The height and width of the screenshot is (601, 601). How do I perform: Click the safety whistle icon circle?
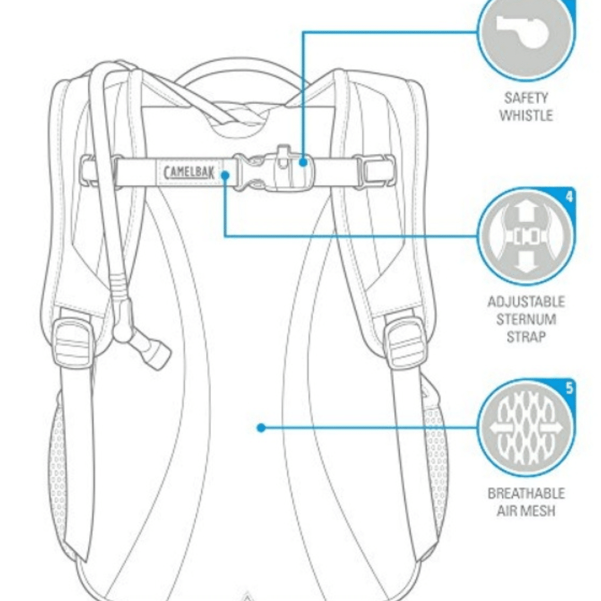[526, 32]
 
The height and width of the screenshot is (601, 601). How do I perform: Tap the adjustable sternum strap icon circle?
[526, 236]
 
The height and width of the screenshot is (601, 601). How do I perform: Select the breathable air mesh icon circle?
[526, 428]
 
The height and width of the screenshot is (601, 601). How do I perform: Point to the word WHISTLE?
[526, 115]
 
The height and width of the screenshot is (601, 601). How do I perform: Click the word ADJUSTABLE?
[526, 302]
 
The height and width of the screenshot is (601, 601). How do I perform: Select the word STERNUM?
[526, 320]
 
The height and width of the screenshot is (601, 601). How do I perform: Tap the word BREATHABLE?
[526, 493]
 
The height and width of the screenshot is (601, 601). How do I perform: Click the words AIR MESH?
[526, 511]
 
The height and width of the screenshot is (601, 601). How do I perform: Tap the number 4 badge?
[569, 197]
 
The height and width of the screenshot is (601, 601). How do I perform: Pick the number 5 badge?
[569, 388]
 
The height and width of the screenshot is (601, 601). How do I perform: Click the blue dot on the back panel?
[261, 428]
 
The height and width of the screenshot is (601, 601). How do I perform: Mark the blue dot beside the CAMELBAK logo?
[225, 175]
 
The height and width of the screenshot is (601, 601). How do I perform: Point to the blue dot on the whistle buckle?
[303, 162]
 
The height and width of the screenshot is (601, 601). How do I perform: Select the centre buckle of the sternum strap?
[274, 171]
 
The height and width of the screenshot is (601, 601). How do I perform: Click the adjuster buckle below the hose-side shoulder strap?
[73, 341]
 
